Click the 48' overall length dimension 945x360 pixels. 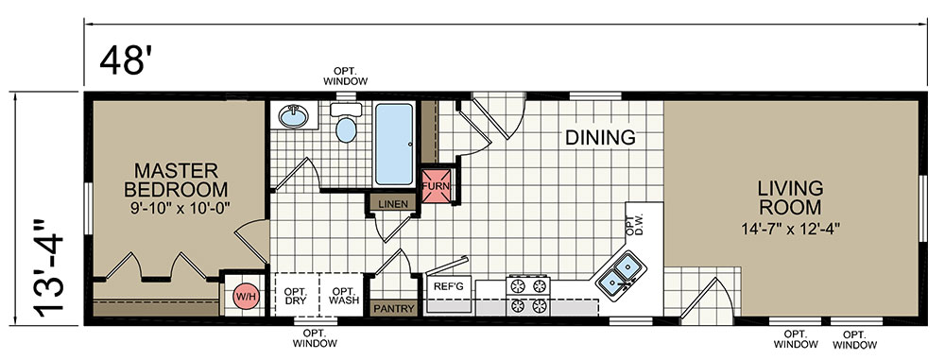(x=124, y=60)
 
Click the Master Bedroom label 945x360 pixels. (x=176, y=180)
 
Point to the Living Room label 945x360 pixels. (x=790, y=197)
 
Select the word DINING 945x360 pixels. (x=600, y=138)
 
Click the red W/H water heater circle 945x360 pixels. (x=245, y=297)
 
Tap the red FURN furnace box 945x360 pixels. (x=435, y=185)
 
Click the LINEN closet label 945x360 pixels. (x=392, y=204)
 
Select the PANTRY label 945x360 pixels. (x=394, y=309)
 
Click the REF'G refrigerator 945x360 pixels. (x=448, y=295)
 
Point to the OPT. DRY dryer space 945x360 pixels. (x=297, y=295)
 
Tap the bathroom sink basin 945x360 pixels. (x=293, y=115)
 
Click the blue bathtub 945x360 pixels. (x=395, y=144)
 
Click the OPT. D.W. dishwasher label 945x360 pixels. (x=635, y=224)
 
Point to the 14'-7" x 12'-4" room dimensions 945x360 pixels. (x=790, y=230)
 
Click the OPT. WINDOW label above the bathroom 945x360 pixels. (x=345, y=76)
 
